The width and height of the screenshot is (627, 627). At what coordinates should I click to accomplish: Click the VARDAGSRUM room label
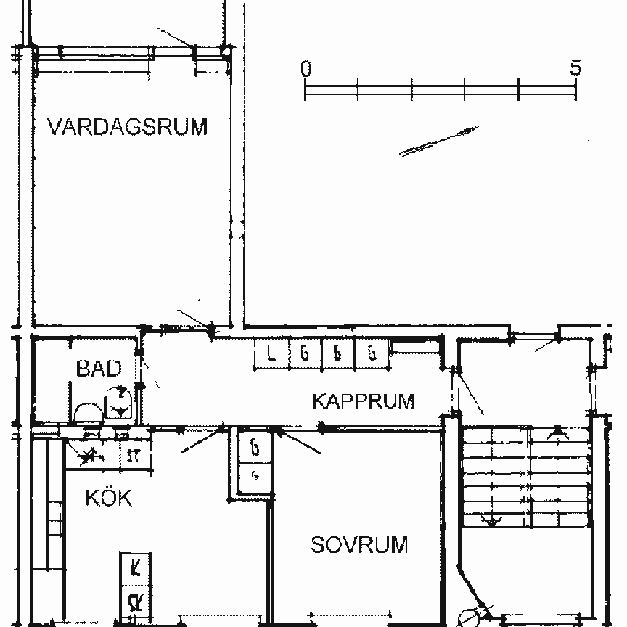click(127, 127)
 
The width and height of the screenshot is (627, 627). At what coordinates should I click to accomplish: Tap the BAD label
click(99, 369)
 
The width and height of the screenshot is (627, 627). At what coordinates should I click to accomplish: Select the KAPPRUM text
click(363, 401)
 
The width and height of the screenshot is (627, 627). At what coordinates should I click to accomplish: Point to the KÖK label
click(108, 499)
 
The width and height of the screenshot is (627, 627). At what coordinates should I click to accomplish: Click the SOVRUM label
click(359, 544)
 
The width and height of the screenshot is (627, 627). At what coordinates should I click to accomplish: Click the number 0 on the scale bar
click(306, 69)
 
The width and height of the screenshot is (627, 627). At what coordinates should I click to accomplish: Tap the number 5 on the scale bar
click(575, 69)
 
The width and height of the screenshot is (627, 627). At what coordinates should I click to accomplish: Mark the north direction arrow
click(439, 141)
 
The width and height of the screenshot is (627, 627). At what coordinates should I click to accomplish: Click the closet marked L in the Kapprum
click(271, 354)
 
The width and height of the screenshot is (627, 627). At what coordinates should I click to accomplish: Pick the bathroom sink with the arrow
click(119, 402)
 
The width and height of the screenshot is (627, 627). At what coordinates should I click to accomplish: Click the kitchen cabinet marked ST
click(134, 456)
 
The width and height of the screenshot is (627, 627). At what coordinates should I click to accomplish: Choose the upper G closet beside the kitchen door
click(255, 448)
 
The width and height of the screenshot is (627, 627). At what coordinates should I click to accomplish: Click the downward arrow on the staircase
click(492, 518)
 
